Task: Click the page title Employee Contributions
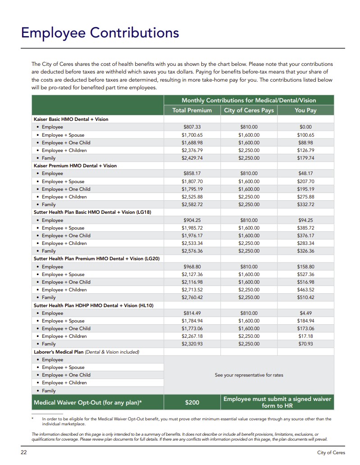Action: click(x=100, y=33)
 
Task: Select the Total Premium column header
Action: click(x=192, y=110)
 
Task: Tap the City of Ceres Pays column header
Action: click(x=249, y=110)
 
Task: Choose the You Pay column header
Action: click(x=305, y=110)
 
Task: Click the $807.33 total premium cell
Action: click(x=192, y=127)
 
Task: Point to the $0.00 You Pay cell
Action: click(x=305, y=127)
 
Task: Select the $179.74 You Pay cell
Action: click(x=305, y=158)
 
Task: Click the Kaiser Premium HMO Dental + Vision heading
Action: click(x=75, y=166)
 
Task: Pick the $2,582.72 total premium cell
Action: click(x=192, y=204)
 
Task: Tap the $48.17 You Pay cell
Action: click(x=305, y=174)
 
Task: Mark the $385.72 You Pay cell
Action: click(x=305, y=228)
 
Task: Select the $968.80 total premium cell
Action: click(x=192, y=267)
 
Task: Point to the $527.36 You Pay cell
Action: click(x=305, y=274)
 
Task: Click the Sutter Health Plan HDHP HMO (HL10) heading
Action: click(x=94, y=305)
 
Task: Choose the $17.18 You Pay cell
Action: click(x=305, y=336)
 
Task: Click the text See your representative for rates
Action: click(x=249, y=375)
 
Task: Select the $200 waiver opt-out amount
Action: click(x=192, y=402)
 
